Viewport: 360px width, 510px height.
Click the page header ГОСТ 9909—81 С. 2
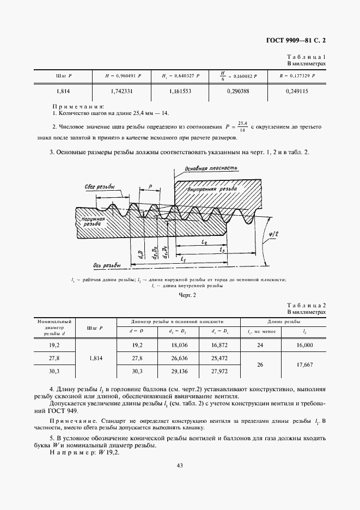(x=299, y=39)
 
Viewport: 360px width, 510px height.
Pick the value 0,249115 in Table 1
(x=297, y=92)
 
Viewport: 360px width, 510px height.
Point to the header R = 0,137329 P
(x=297, y=76)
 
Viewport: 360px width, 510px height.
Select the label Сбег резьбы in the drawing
(x=99, y=186)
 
